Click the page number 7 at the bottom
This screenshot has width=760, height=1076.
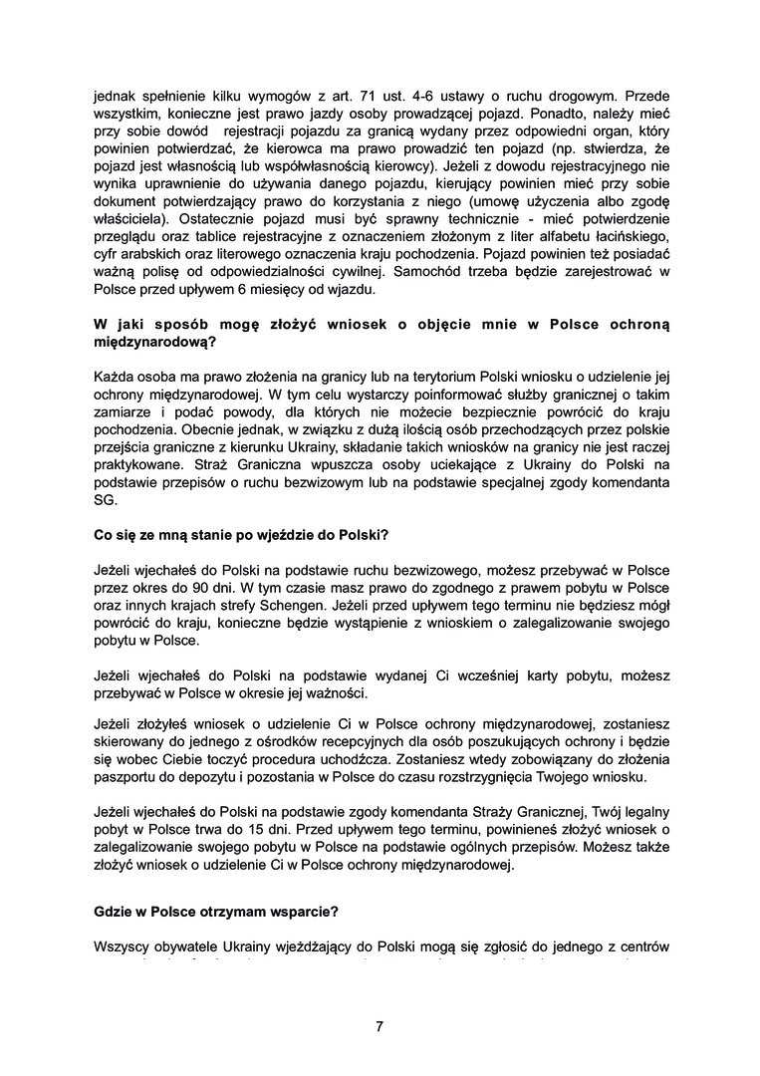[x=380, y=1026]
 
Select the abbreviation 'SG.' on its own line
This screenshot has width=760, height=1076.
[x=104, y=501]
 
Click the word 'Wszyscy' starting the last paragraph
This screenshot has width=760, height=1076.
[x=122, y=945]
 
